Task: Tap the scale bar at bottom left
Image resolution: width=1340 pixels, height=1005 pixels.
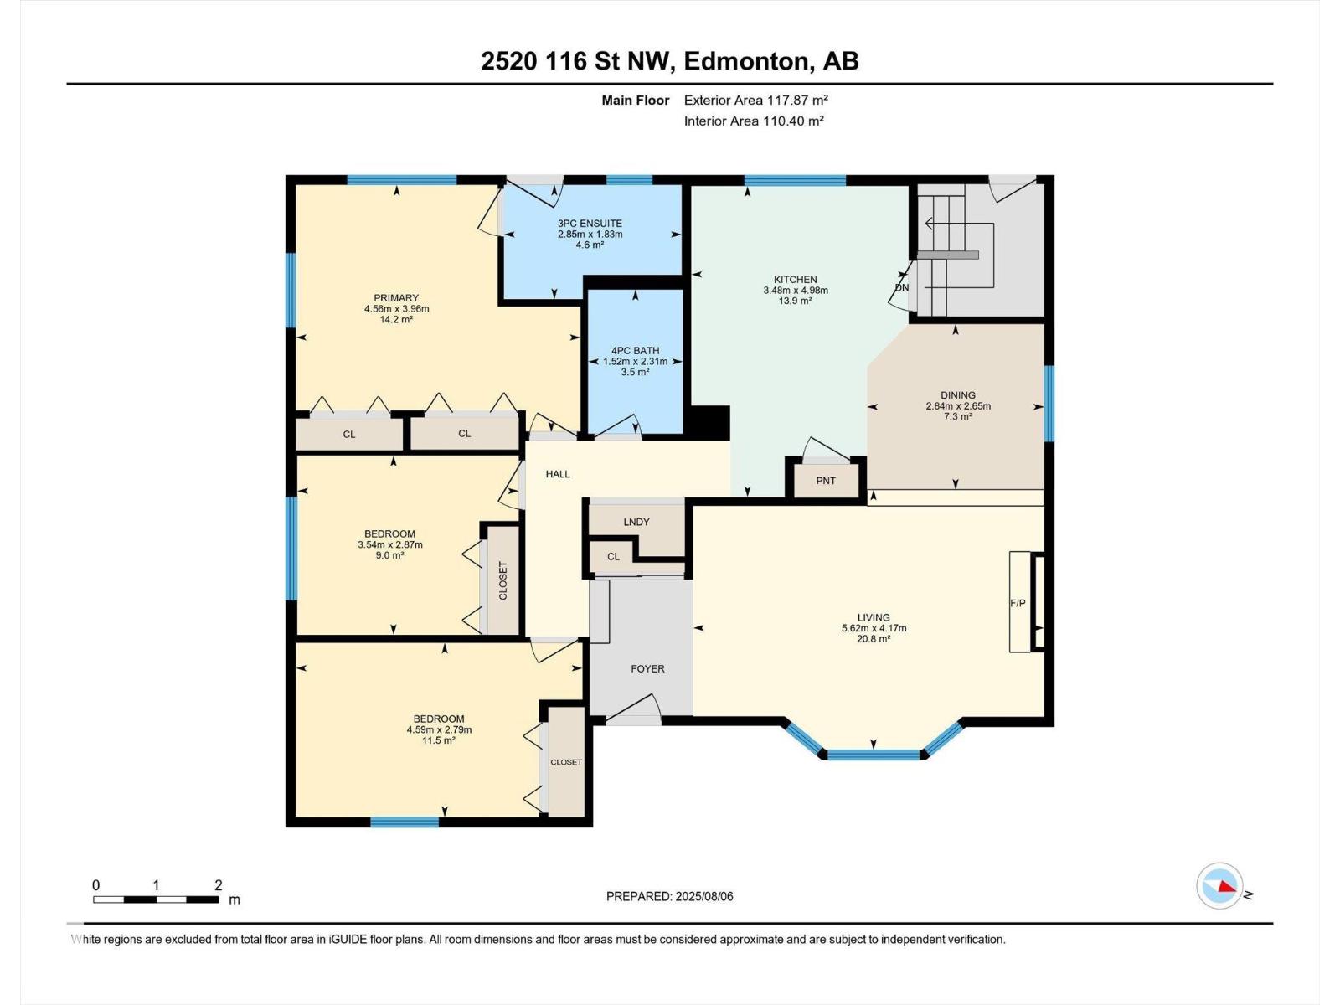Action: [156, 899]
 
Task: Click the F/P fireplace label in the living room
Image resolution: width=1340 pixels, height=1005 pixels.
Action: [1018, 603]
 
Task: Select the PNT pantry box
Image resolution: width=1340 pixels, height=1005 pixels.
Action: [826, 481]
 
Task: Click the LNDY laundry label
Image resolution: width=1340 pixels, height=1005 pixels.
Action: [636, 522]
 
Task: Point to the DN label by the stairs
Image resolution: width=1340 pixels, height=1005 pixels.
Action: [902, 287]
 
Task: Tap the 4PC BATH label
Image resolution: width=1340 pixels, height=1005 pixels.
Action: [635, 351]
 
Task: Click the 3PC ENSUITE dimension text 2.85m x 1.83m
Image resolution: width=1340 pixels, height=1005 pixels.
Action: [590, 234]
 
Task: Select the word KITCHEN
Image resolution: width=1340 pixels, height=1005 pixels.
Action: [795, 280]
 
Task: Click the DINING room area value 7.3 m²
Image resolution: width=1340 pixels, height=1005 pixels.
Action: [957, 416]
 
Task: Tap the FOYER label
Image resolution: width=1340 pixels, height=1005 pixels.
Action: [647, 668]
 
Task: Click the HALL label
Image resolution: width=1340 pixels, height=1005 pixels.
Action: [558, 474]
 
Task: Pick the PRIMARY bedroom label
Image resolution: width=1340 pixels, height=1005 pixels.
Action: [396, 298]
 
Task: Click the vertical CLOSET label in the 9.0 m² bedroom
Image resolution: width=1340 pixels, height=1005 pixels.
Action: [503, 580]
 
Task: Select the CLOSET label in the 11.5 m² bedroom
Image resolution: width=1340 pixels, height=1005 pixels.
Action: [566, 762]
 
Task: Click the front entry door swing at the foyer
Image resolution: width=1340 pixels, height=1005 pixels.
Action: [634, 712]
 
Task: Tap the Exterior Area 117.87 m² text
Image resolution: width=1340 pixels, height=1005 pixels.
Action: [755, 100]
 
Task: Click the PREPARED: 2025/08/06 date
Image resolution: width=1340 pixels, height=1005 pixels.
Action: [669, 896]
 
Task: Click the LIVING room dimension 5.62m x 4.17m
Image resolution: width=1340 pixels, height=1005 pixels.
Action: [874, 628]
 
